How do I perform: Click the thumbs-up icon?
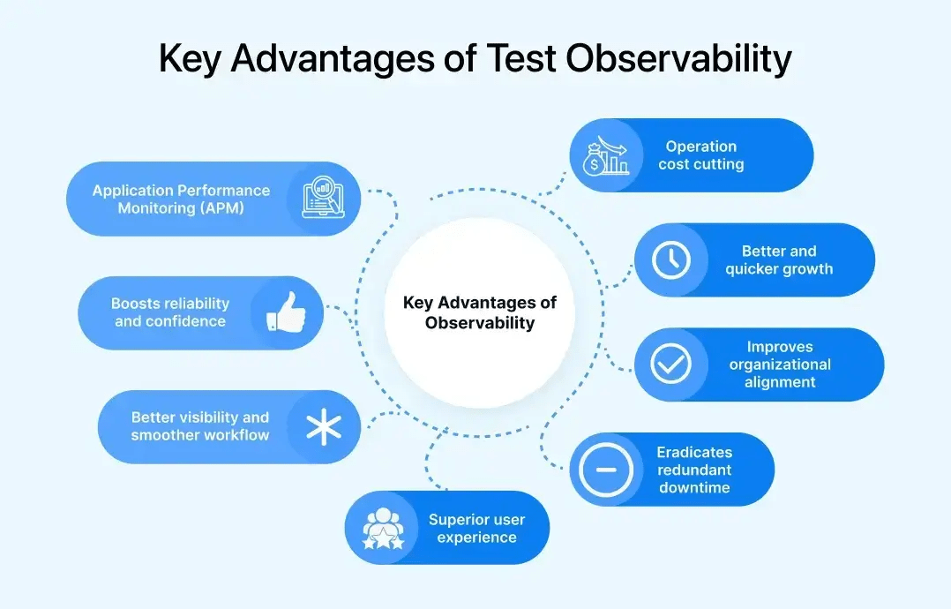point(285,312)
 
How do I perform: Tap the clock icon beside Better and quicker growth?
point(671,259)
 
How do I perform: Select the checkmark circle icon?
point(671,365)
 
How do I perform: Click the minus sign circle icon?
point(606,470)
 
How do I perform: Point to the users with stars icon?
point(383,529)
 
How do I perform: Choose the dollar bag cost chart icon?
point(606,155)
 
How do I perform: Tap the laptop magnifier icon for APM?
point(323,199)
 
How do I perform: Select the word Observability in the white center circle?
point(480,323)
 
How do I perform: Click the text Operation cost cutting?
point(700,155)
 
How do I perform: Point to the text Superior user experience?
point(476,528)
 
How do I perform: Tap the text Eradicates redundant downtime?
point(694,470)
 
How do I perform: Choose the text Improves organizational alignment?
point(780,365)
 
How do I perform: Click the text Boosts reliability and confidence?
point(170,312)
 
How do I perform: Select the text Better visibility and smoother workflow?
point(200,426)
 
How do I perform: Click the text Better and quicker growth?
point(779,259)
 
